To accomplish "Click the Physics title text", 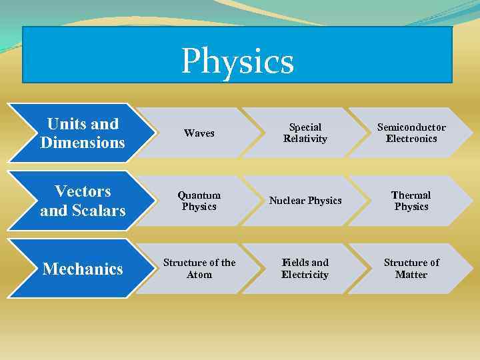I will click(x=237, y=61).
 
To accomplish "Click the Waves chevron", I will click(x=199, y=133).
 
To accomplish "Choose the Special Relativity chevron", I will click(x=305, y=133).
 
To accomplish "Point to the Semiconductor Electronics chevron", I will click(x=411, y=133).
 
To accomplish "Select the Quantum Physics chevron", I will click(x=199, y=201).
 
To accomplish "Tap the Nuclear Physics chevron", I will click(x=305, y=201).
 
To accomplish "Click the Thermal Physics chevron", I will click(x=411, y=201).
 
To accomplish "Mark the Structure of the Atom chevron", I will click(x=199, y=269).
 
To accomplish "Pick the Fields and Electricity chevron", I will click(x=305, y=269).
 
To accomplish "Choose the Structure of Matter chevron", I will click(x=411, y=269).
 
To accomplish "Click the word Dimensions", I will click(x=82, y=143).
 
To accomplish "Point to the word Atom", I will click(x=199, y=275).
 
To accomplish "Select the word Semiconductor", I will click(x=411, y=127).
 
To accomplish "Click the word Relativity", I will click(x=305, y=139).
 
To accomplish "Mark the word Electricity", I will click(x=305, y=275).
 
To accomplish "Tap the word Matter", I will click(x=411, y=275).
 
